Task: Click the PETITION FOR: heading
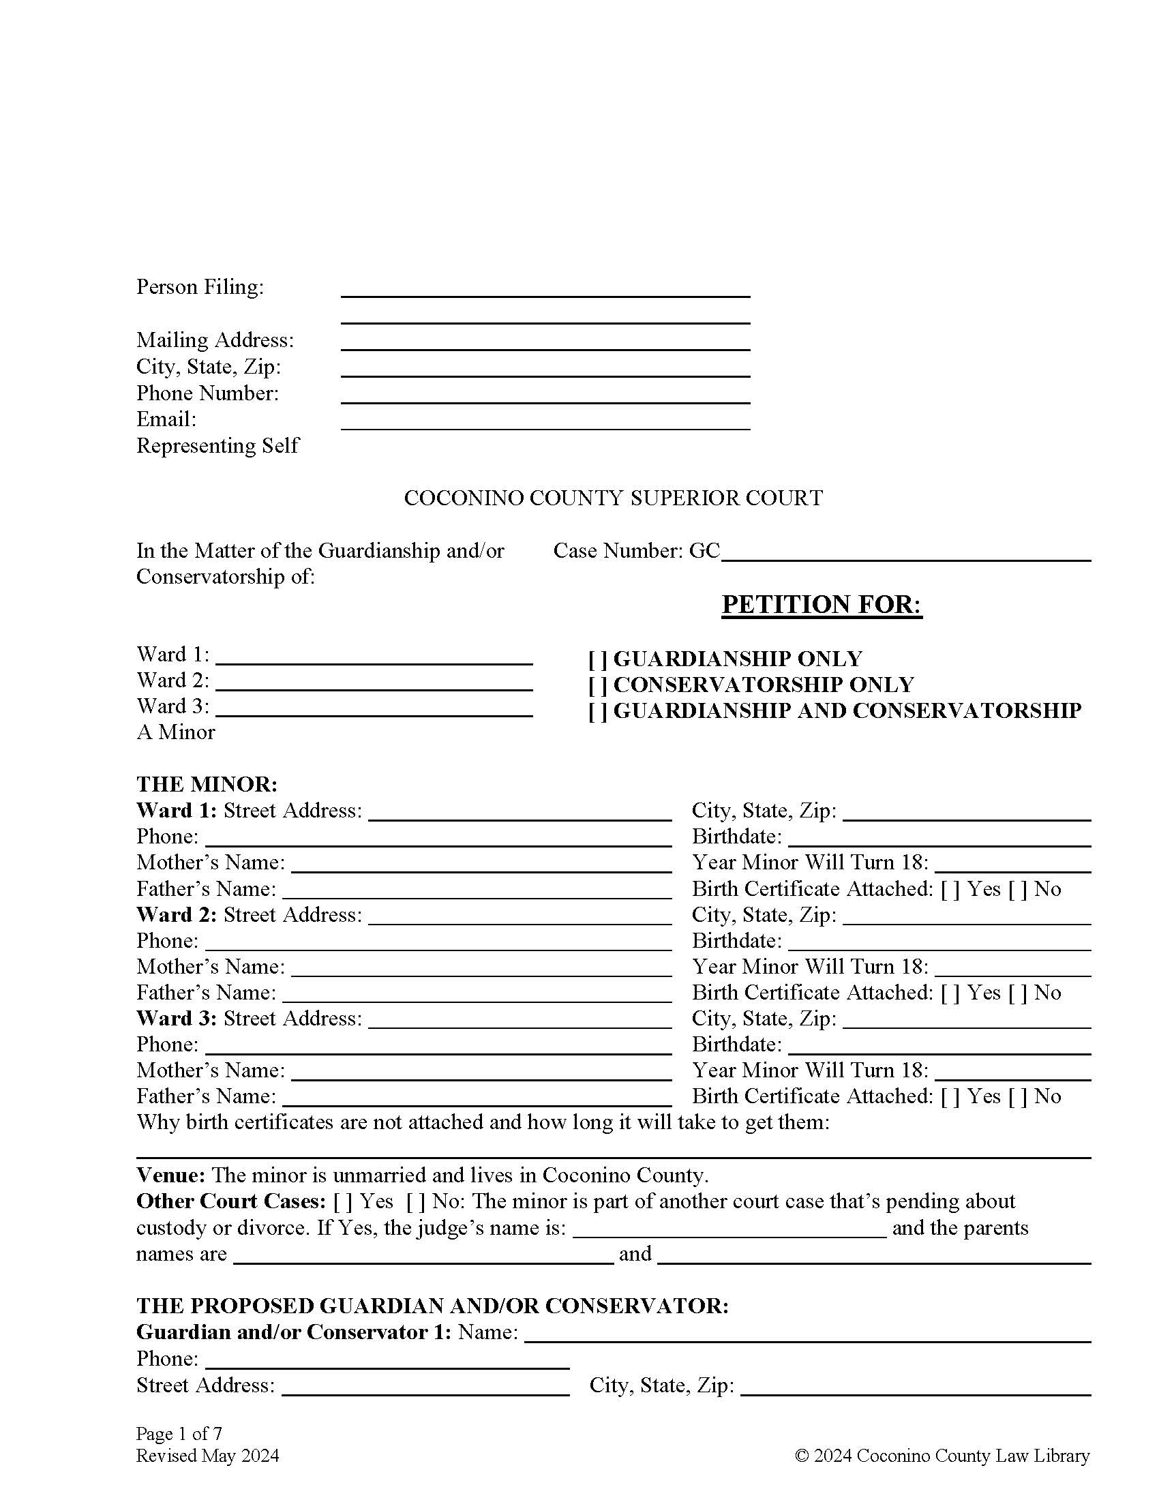pos(822,604)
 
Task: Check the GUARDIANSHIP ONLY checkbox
pos(597,659)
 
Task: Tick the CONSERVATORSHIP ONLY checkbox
pos(597,685)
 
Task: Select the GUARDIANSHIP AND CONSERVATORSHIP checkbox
pos(597,711)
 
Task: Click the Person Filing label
pos(200,287)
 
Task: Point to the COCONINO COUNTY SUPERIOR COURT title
pos(612,498)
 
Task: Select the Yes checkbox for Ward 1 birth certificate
pos(950,889)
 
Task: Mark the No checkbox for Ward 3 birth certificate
pos(1018,1097)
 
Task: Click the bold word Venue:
pos(170,1175)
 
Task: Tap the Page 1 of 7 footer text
pos(179,1433)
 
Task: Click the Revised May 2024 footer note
pos(207,1456)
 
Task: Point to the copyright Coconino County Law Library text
pos(942,1456)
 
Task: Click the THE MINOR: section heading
pos(207,784)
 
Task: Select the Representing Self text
pos(217,446)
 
